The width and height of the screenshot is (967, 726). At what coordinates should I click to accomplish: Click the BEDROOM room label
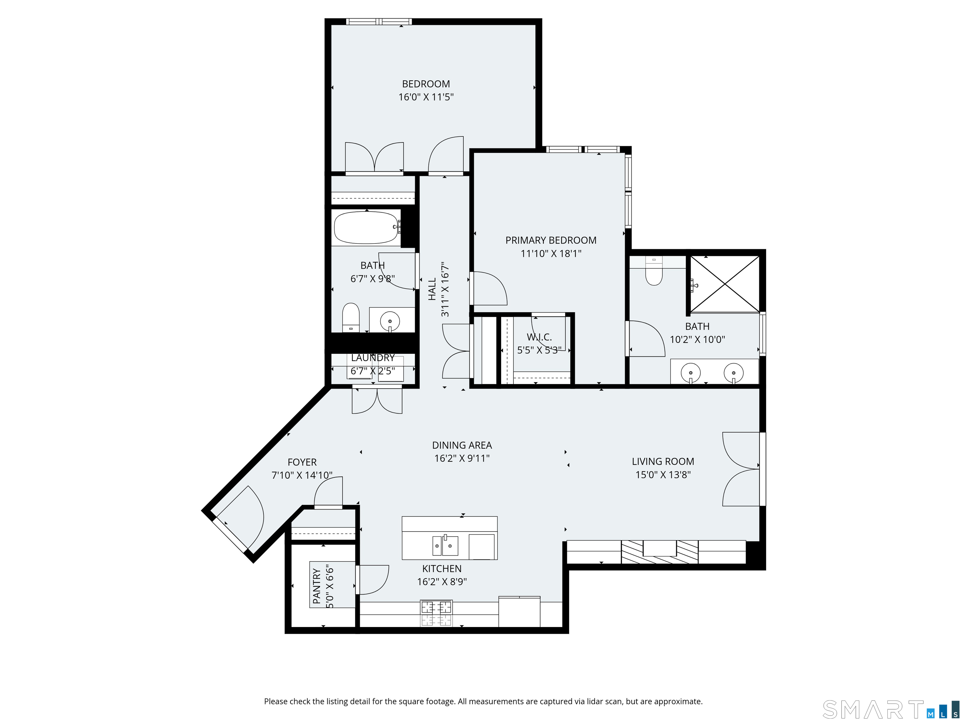tap(426, 84)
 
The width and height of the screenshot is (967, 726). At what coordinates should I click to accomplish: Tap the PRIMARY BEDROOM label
tap(551, 240)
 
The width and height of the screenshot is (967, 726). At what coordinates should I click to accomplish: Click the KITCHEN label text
tap(442, 568)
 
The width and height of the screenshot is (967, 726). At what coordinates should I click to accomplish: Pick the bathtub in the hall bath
tap(366, 228)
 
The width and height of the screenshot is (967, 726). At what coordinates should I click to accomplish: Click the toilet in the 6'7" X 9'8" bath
tap(351, 317)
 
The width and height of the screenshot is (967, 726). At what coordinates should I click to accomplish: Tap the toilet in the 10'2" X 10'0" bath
tap(654, 271)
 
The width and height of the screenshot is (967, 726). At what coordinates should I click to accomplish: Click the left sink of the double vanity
tap(691, 373)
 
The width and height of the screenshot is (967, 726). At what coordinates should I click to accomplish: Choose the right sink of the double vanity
tap(733, 373)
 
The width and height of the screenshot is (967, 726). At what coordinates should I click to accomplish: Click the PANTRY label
tap(317, 586)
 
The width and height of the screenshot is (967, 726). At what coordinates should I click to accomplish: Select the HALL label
tap(432, 289)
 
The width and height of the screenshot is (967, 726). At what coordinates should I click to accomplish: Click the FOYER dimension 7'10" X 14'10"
tap(302, 475)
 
